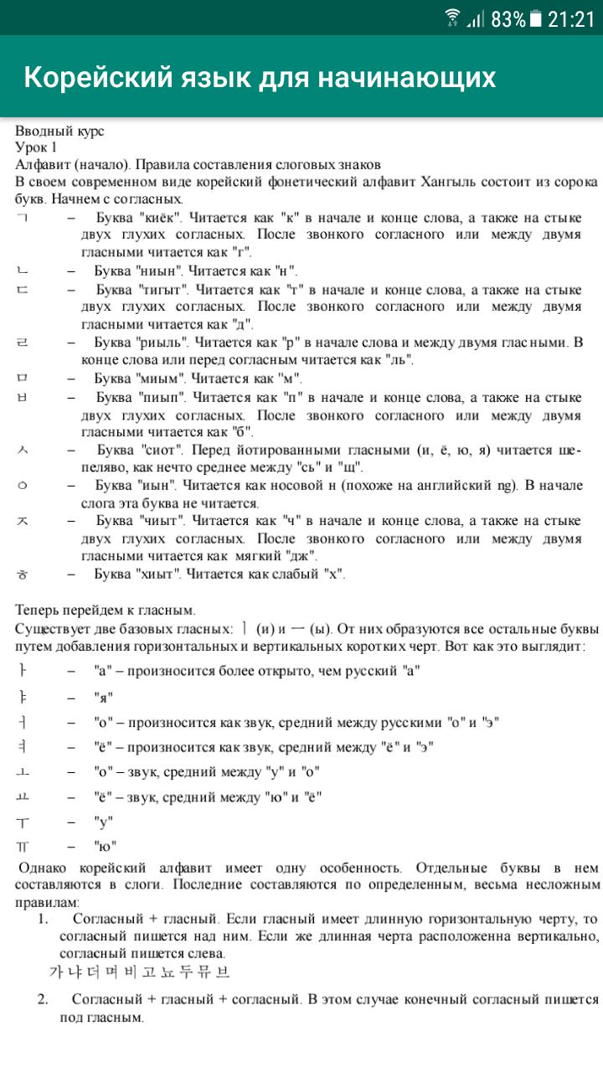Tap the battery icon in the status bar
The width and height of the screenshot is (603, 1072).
(535, 18)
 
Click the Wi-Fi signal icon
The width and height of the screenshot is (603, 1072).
(453, 18)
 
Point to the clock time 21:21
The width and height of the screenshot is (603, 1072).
(571, 18)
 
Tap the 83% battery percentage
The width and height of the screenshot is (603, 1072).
(508, 18)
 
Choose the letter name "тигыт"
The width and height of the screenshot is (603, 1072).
(163, 290)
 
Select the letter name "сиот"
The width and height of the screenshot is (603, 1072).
(162, 450)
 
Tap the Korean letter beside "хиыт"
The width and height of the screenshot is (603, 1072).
(23, 575)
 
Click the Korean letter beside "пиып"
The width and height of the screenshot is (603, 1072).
(23, 396)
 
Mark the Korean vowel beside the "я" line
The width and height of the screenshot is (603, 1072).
(23, 697)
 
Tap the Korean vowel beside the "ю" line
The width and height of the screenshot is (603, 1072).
(23, 846)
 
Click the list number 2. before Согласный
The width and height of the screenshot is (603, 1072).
(43, 999)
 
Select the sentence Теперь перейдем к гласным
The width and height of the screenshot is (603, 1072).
(106, 611)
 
